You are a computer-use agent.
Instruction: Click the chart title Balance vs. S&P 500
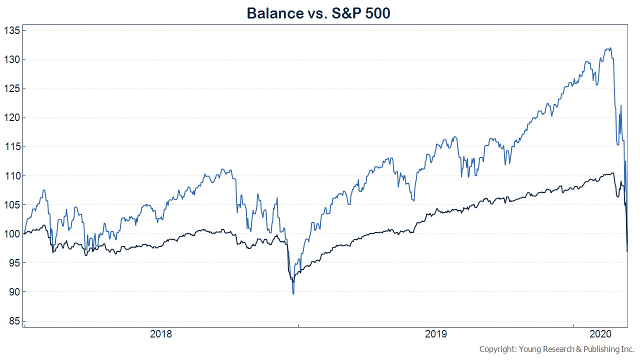[x=318, y=13]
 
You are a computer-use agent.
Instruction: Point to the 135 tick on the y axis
[x=12, y=30]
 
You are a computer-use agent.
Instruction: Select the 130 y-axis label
[x=12, y=59]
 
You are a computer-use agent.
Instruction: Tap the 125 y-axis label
[x=12, y=89]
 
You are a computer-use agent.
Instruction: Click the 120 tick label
[x=12, y=117]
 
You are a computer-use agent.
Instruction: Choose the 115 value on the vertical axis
[x=12, y=147]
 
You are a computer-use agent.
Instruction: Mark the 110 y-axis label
[x=12, y=176]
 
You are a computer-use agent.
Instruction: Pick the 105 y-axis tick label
[x=12, y=205]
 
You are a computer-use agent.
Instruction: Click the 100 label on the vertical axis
[x=12, y=234]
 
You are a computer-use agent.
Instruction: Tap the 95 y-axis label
[x=14, y=263]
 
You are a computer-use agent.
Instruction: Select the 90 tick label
[x=14, y=292]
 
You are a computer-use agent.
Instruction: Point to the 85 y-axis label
[x=14, y=321]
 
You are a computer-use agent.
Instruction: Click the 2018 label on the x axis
[x=161, y=334]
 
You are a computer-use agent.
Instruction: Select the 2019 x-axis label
[x=435, y=334]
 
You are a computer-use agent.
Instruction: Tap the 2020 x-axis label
[x=600, y=334]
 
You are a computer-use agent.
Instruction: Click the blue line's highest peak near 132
[x=610, y=48]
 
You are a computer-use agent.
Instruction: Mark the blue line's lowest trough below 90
[x=293, y=293]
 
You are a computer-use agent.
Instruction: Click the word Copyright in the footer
[x=498, y=349]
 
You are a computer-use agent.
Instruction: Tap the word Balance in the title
[x=275, y=13]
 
